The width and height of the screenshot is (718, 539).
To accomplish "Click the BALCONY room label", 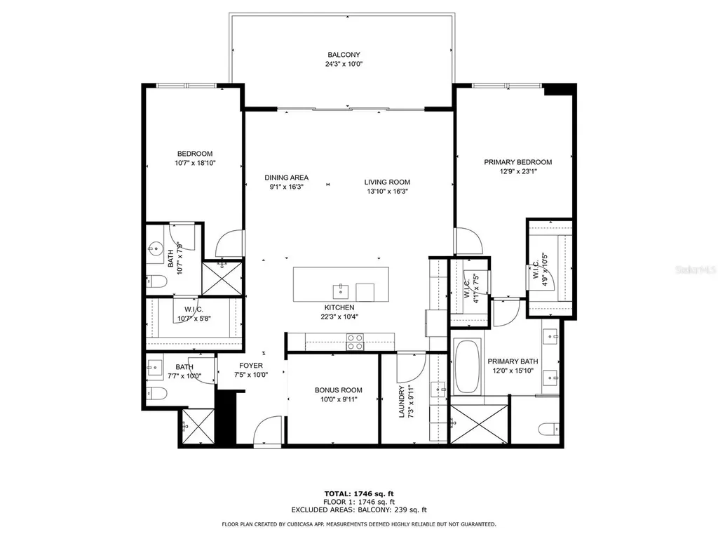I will [x=344, y=55].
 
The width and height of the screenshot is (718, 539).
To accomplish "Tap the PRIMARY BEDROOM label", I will [x=517, y=162].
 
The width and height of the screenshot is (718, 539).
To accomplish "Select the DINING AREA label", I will [x=286, y=178].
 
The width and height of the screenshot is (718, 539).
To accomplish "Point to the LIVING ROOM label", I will [x=387, y=182].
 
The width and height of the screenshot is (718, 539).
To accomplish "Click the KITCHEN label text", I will [x=339, y=307].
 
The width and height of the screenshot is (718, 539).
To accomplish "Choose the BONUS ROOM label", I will [x=338, y=390].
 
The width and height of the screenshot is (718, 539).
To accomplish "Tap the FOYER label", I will [x=251, y=366].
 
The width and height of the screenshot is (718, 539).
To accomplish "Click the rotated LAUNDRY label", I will [x=401, y=402].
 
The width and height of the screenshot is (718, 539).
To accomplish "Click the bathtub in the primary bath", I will [x=468, y=368].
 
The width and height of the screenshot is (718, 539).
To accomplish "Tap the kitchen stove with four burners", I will [x=355, y=342].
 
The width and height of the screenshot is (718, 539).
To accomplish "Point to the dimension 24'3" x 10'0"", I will [x=344, y=64].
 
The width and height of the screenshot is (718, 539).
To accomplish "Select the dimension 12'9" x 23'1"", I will [x=517, y=171].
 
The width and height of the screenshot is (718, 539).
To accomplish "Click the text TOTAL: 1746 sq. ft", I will [x=359, y=493].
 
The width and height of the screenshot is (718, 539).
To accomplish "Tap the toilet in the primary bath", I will [x=549, y=428].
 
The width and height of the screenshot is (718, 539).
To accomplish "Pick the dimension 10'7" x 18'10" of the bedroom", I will [x=195, y=163].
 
